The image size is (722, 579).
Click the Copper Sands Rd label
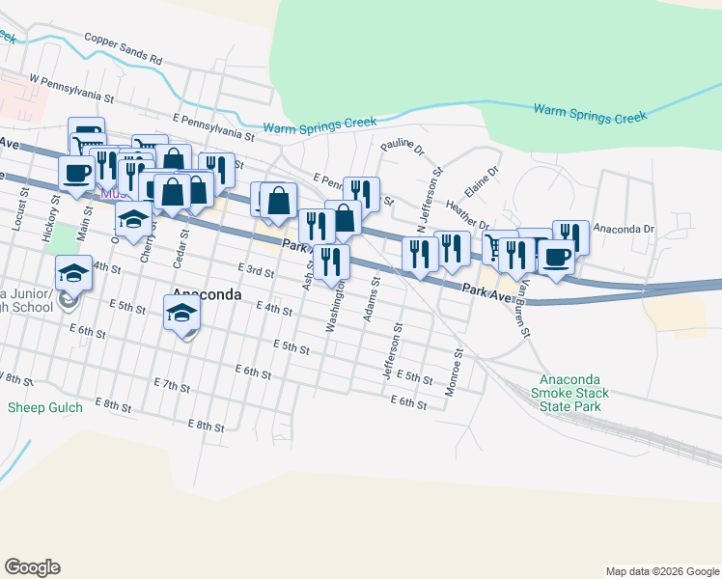123,49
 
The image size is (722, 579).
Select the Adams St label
372,299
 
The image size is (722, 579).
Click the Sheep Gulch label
45,407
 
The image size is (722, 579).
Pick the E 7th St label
173,386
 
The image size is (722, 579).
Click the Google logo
32,567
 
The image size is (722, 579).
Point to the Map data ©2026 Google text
661,571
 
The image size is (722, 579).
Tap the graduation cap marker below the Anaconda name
181,313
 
